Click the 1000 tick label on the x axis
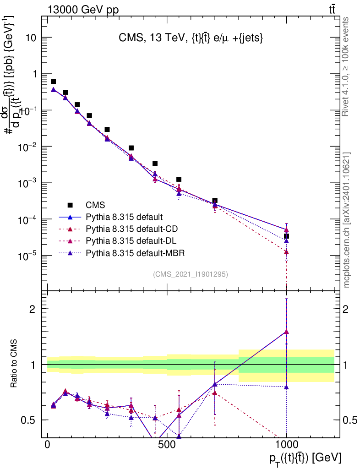286,445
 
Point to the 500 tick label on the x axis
167,445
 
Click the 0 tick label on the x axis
48,445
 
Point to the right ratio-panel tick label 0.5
349,420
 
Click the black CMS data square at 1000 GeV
286,236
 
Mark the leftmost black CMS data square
53,82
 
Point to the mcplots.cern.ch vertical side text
347,220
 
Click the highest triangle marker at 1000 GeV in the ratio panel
286,332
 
